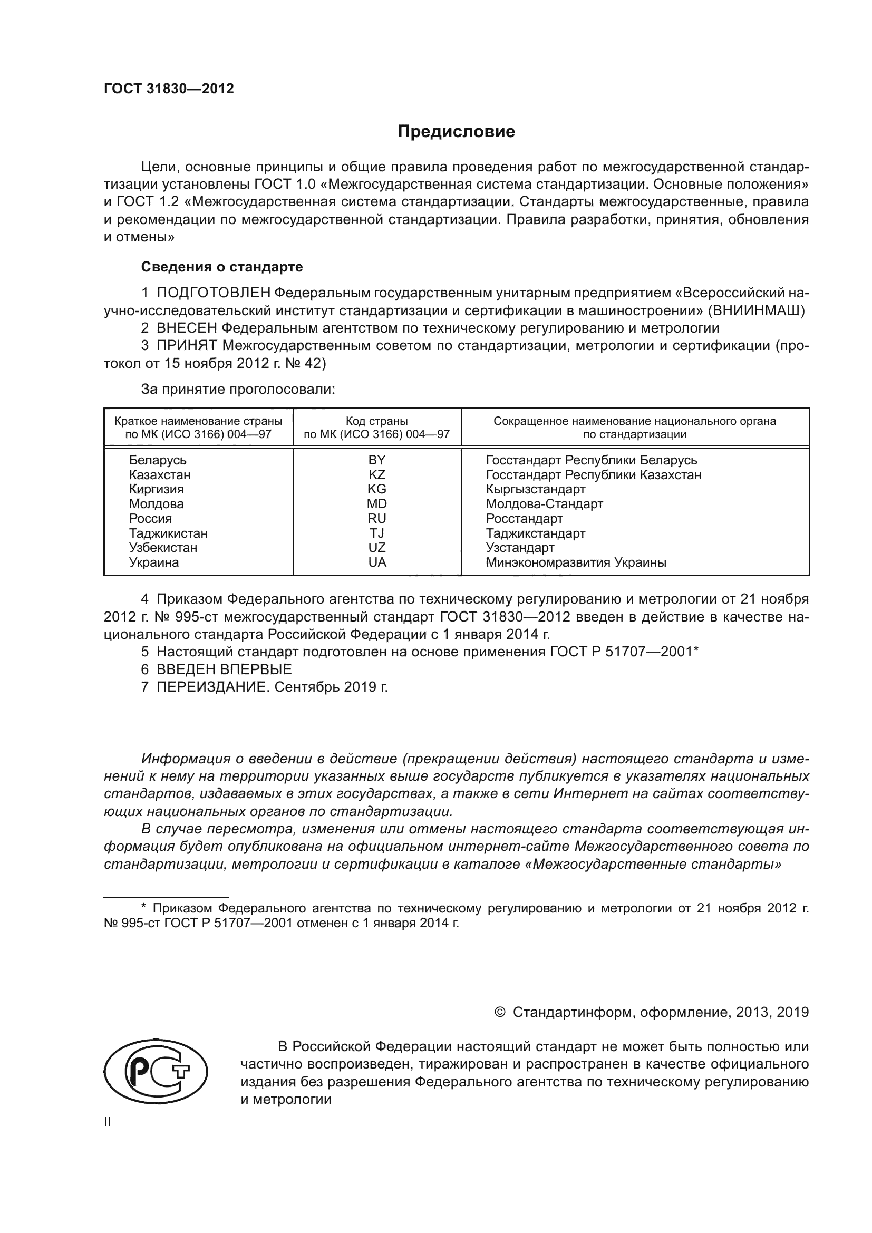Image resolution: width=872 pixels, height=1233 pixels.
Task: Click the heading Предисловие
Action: coord(456,132)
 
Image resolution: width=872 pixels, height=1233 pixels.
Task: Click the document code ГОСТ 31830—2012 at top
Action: coord(169,89)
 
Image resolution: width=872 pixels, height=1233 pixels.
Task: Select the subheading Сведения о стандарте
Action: coord(222,267)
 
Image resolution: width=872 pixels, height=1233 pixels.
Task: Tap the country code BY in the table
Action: coord(377,460)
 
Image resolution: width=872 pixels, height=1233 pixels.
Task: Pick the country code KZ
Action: coord(377,475)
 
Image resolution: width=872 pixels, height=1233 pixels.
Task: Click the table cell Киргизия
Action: coord(156,489)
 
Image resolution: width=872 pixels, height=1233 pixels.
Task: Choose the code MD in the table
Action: coord(377,504)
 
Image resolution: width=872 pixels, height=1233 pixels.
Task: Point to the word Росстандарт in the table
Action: coord(524,519)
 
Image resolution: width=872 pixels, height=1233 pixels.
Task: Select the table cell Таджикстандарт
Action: coord(535,533)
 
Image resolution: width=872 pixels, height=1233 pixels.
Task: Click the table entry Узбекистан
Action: coord(163,548)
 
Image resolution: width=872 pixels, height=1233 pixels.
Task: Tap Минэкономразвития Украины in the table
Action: coord(576,563)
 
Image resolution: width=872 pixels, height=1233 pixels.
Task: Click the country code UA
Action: coord(377,562)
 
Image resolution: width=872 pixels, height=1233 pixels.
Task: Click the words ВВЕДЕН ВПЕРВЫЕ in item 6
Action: coord(224,669)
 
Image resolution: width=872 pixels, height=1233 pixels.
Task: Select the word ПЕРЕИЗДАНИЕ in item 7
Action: coord(211,687)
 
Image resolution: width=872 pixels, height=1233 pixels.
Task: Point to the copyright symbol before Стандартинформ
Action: coord(499,1013)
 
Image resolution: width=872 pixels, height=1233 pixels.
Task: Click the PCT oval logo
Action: coord(155,1071)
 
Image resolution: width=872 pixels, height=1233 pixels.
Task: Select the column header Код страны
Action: coord(376,421)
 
